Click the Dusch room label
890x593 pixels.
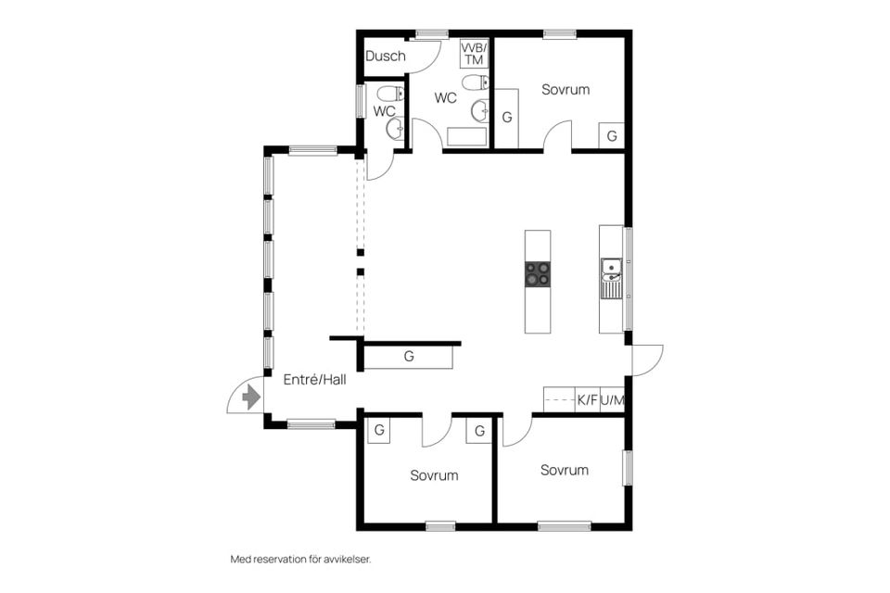pos(386,56)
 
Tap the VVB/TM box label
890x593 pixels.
pos(474,54)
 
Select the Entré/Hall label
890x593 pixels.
pos(314,380)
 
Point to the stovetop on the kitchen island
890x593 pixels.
pos(537,274)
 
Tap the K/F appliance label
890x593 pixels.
pos(588,400)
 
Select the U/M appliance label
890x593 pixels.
pos(613,400)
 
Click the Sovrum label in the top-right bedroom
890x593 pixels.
pos(566,89)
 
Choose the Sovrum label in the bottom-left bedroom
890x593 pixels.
pos(434,475)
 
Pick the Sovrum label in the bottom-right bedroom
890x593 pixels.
pos(565,469)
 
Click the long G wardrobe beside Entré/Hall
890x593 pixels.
pos(408,357)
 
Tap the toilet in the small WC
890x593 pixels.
pos(390,94)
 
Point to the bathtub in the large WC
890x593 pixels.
pos(467,137)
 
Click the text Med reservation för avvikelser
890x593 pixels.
pos(300,559)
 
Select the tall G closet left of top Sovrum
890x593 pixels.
pos(507,118)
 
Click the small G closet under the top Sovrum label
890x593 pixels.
pos(612,136)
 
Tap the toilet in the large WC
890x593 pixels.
pos(476,82)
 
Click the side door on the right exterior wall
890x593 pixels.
pos(647,360)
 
